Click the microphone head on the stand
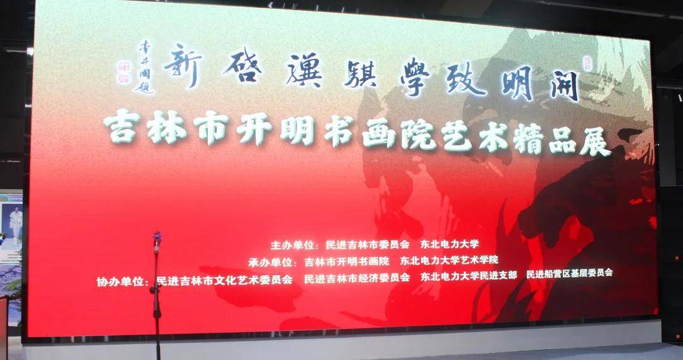pyautogui.click(x=157, y=239)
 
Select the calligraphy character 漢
pyautogui.click(x=304, y=70)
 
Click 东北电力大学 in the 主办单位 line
pyautogui.click(x=452, y=244)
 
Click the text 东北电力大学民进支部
pyautogui.click(x=471, y=275)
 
